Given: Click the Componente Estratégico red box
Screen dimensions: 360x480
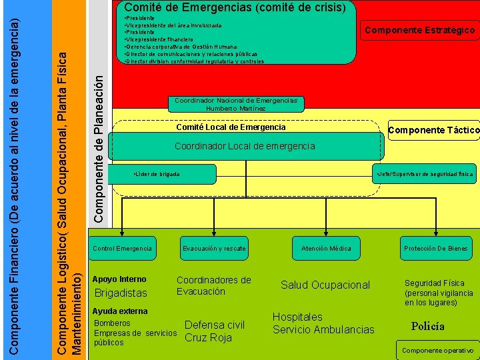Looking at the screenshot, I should coord(419,30).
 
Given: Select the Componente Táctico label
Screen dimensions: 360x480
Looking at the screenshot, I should coord(433,130).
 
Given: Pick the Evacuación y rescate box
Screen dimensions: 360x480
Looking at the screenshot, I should coord(214,249).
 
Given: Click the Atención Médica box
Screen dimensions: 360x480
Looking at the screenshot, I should coord(326,249).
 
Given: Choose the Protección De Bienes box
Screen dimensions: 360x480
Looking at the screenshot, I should coord(436,249).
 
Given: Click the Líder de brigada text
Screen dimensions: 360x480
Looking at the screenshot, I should coord(157,174).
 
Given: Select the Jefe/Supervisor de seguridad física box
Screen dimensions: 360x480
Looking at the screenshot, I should coord(424,174).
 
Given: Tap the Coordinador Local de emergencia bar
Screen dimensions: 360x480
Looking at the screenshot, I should coord(245,146).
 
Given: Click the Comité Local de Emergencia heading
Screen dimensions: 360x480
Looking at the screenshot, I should coord(231,127).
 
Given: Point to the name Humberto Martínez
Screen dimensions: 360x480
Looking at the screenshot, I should coord(235,109).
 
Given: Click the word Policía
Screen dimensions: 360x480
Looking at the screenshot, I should coord(427,327).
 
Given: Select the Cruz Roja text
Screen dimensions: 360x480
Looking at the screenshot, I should coord(208,337).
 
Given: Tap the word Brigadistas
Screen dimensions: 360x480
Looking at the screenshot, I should coord(121,293).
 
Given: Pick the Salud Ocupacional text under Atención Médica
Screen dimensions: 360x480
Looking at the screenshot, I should coord(325,285).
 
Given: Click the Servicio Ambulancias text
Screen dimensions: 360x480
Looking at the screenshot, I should coord(323,329).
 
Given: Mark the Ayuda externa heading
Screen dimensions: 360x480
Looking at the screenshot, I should coord(120,311).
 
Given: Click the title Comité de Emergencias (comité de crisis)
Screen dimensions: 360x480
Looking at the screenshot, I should coord(235,8).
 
